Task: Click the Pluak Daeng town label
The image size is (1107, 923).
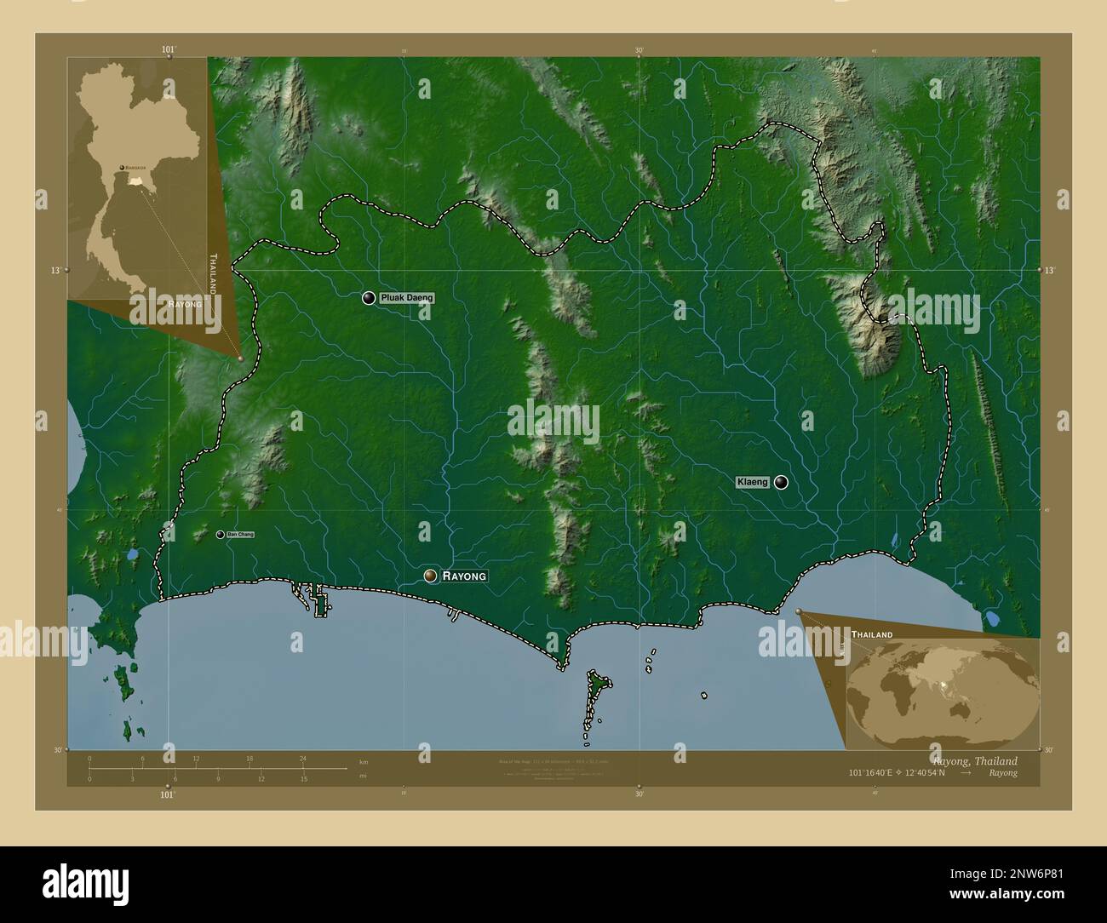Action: pos(407,298)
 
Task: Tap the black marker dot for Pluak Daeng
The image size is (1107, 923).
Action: pos(369,298)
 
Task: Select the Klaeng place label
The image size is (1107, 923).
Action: pos(753,483)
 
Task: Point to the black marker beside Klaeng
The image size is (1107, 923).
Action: pos(781,483)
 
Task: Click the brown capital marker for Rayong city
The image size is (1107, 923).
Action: pos(432,576)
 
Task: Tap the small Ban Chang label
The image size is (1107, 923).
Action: pos(240,535)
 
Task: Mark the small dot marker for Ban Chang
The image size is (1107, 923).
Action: pos(221,535)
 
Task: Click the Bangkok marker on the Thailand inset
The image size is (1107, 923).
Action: pos(123,168)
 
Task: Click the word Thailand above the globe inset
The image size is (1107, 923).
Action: pos(872,635)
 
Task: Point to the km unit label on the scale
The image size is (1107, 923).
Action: pos(364,761)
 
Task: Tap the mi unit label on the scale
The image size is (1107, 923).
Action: pos(364,776)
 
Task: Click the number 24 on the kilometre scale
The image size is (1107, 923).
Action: pos(302,758)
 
